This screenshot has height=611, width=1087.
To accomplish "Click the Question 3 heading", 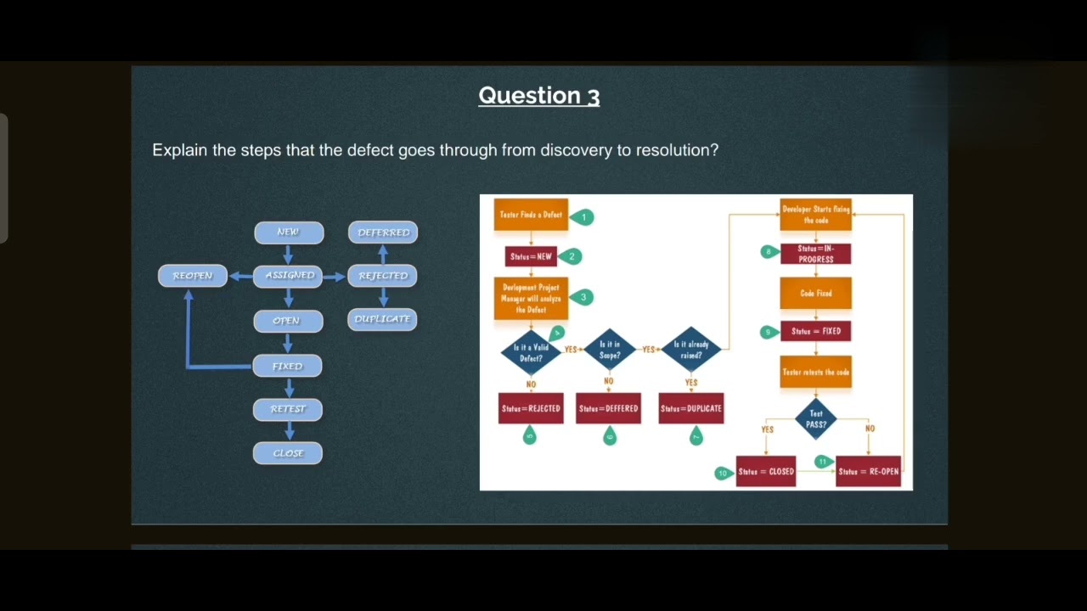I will (x=538, y=96).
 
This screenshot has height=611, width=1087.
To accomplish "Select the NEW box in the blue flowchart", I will (x=289, y=233).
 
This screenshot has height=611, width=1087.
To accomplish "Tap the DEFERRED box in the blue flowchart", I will (x=383, y=233).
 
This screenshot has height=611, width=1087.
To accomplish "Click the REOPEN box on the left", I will (x=193, y=276).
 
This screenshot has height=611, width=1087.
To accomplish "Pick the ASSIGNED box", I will (x=289, y=276).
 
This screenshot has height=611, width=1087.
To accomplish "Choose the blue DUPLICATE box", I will (x=382, y=319).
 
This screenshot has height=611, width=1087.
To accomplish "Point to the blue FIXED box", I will (x=288, y=367).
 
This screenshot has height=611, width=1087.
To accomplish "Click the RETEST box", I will (x=288, y=409).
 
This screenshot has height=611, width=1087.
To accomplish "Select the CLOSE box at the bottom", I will (x=288, y=453).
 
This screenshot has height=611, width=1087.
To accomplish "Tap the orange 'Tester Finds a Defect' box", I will (x=531, y=215).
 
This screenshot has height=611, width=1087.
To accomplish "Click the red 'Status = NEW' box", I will (x=531, y=256).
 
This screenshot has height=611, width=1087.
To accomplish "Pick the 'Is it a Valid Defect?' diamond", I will (x=531, y=352).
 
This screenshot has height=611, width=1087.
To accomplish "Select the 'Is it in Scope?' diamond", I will (x=610, y=350).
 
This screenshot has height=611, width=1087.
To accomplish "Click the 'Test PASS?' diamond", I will (x=816, y=418).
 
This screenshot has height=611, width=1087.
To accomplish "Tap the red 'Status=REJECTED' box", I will (x=531, y=408).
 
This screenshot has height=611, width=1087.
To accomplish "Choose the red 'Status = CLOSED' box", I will (x=766, y=472).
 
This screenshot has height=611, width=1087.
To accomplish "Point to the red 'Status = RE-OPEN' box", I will (x=868, y=472).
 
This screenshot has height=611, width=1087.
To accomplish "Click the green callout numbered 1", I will (x=583, y=217).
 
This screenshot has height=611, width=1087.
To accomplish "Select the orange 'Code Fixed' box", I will (x=816, y=294).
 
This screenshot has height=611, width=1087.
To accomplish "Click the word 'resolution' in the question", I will (x=673, y=150).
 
